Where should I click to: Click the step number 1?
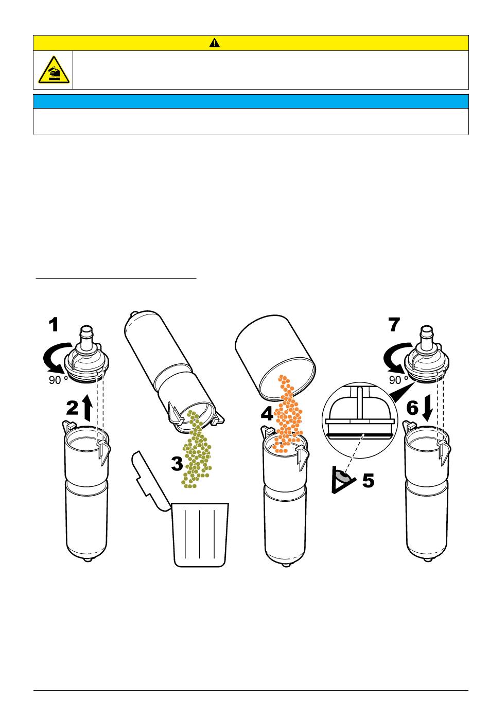pyautogui.click(x=54, y=325)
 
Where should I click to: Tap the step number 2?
pyautogui.click(x=73, y=408)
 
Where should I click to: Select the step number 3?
pyautogui.click(x=177, y=464)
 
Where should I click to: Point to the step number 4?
pyautogui.click(x=267, y=414)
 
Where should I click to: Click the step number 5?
pyautogui.click(x=369, y=480)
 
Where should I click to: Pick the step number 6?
pyautogui.click(x=412, y=408)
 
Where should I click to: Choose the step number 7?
pyautogui.click(x=394, y=325)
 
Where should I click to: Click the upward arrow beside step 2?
pyautogui.click(x=88, y=408)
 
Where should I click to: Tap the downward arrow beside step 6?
pyautogui.click(x=427, y=408)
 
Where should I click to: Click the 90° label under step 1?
pyautogui.click(x=58, y=380)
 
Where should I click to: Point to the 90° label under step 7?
pyautogui.click(x=398, y=380)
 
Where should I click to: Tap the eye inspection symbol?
pyautogui.click(x=342, y=480)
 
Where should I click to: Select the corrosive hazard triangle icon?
pyautogui.click(x=54, y=70)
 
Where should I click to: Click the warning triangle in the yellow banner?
pyautogui.click(x=215, y=43)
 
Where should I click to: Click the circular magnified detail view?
pyautogui.click(x=360, y=420)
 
